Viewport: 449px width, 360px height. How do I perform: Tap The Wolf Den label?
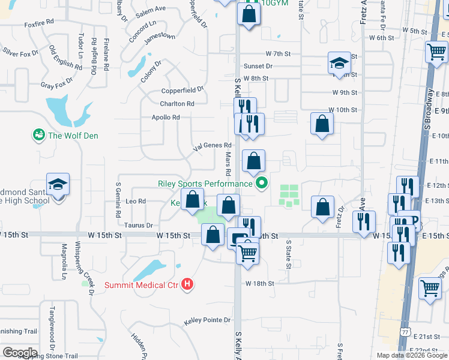point(73,136)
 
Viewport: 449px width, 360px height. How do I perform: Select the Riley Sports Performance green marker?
point(261,184)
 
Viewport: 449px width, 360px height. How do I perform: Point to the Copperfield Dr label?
point(182,89)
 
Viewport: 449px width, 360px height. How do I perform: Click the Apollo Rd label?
point(166,118)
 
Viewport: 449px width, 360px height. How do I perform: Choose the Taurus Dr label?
point(138,225)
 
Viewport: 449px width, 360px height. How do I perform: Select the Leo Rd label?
point(136,202)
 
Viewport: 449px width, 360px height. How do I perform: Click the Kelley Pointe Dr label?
point(207,320)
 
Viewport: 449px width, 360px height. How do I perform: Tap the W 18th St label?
point(259,283)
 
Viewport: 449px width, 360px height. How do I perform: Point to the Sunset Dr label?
point(258,66)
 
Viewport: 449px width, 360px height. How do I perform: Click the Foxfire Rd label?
point(39,22)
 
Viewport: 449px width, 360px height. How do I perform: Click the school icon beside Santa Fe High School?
point(58,184)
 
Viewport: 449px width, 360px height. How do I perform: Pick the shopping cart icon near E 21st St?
point(430,290)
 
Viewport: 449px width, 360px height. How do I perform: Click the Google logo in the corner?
point(20,352)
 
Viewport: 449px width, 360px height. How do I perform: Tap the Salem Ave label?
point(151,9)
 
